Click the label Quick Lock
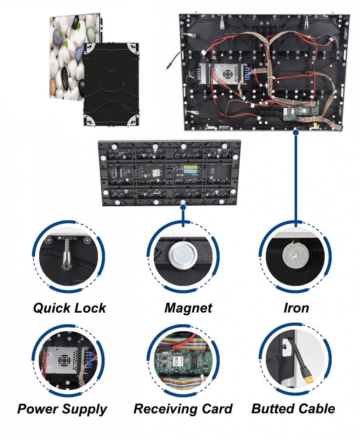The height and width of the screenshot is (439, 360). [69, 308]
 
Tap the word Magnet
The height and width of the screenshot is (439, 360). [188, 308]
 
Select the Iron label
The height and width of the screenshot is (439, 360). [296, 308]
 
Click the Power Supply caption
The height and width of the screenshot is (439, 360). [62, 409]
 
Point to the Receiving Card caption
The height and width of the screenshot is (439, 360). [183, 409]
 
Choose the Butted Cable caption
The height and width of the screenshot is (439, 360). [293, 409]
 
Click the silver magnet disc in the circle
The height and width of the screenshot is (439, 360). [182, 255]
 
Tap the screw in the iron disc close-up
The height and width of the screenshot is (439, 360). [295, 253]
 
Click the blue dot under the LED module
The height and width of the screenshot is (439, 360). [183, 208]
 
